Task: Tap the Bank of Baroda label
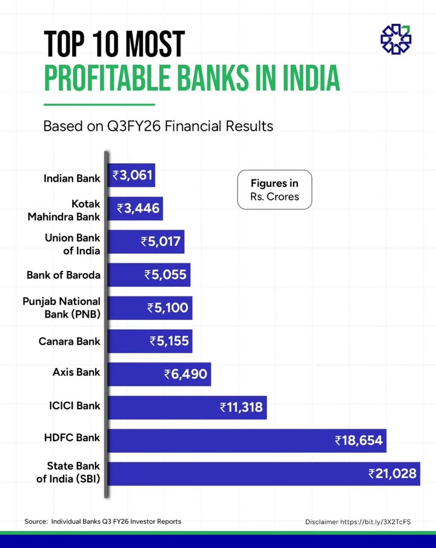(x=64, y=275)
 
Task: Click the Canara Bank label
(x=70, y=341)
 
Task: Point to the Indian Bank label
(x=72, y=178)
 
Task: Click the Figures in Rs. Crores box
(x=274, y=190)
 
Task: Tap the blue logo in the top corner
(x=395, y=39)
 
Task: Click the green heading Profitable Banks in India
(x=191, y=79)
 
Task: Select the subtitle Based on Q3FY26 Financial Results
(x=158, y=127)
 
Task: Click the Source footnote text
(x=102, y=521)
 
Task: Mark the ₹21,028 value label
(x=393, y=473)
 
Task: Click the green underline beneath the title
(x=99, y=104)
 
